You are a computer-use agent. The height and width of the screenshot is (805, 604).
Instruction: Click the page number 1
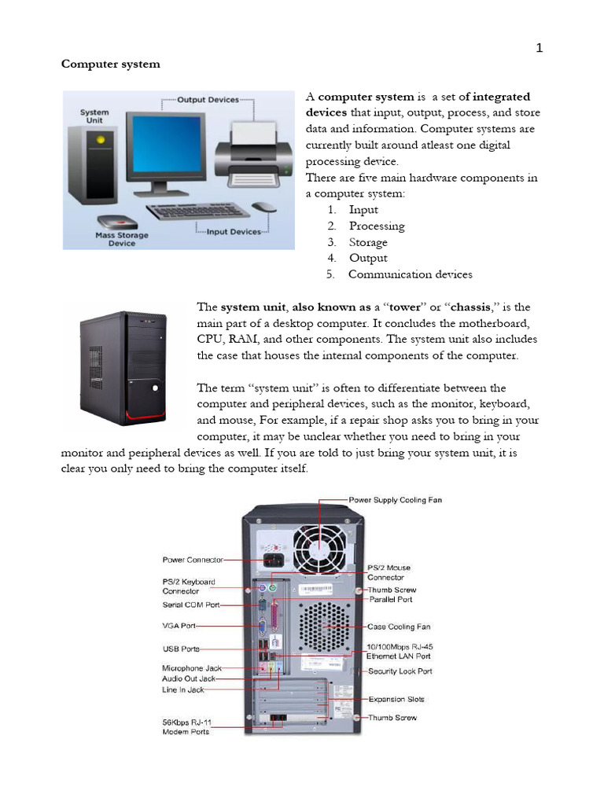click(x=540, y=48)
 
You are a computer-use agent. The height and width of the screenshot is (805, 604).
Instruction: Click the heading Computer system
click(x=111, y=64)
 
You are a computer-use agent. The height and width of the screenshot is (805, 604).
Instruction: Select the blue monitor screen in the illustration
click(x=170, y=148)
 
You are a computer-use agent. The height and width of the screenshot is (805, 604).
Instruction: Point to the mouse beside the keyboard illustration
click(x=264, y=207)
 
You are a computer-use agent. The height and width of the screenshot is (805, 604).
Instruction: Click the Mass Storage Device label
click(x=122, y=239)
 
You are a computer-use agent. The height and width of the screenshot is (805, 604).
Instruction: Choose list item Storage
click(x=368, y=242)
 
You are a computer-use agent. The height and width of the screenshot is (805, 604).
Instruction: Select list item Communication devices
click(x=410, y=274)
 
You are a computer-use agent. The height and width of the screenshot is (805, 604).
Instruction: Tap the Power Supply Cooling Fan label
click(x=395, y=499)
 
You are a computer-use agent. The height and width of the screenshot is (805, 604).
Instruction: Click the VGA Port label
click(x=179, y=627)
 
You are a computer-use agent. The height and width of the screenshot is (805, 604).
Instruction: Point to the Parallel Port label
click(x=391, y=599)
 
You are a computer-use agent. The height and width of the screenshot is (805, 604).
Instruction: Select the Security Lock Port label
click(x=400, y=671)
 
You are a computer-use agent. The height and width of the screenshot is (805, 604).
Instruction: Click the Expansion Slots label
click(x=396, y=699)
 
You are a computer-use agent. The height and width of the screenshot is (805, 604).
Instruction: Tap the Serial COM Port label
click(x=191, y=605)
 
